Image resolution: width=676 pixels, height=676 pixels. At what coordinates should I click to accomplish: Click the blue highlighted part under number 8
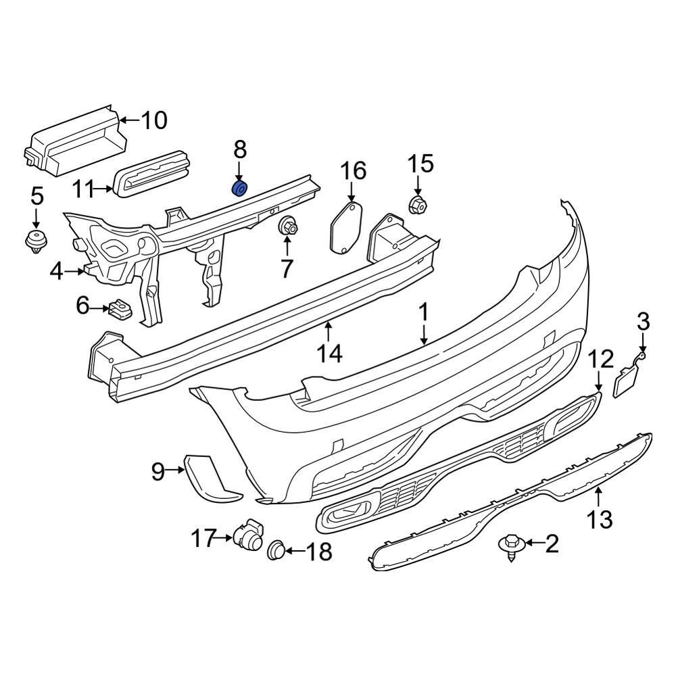[239, 188]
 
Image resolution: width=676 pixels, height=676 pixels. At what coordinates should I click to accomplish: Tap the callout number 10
[154, 120]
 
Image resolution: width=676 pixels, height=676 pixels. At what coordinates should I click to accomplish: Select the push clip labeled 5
[36, 240]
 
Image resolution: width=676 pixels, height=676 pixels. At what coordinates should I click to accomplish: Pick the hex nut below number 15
[417, 205]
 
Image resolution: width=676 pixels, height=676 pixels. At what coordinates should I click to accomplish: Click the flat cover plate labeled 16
[346, 228]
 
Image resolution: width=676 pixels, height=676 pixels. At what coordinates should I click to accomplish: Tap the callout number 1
[424, 313]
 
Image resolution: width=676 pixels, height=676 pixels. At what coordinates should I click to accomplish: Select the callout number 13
[600, 519]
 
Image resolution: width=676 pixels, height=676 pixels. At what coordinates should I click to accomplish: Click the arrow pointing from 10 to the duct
[129, 121]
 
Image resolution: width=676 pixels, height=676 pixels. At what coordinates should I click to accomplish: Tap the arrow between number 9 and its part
[175, 470]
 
